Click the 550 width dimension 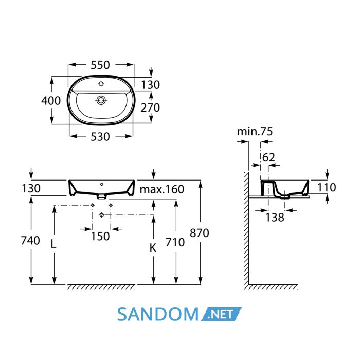coord(100,65)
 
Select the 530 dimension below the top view coord(100,137)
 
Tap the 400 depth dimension coord(51,101)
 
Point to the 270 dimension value coord(150,107)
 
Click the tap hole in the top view coord(101,84)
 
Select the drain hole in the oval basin coord(101,100)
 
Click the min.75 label coord(255,132)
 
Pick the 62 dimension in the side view coord(268,157)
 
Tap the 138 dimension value coord(275,217)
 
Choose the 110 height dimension coord(327,187)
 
